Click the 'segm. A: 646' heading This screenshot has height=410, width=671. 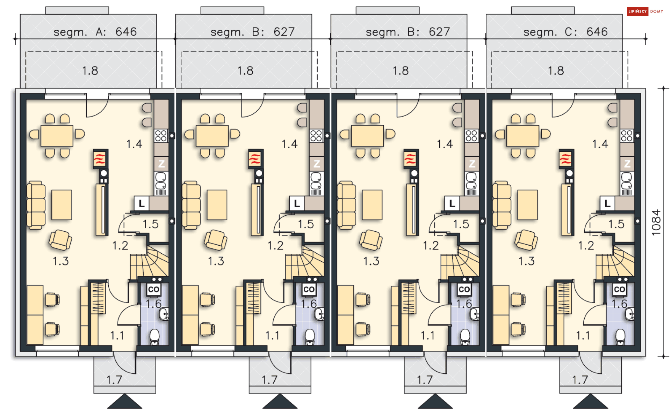tap(95, 32)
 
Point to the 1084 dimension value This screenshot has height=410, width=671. tap(656, 223)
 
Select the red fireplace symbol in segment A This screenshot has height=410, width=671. tap(100, 159)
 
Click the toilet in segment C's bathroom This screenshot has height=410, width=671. tap(620, 337)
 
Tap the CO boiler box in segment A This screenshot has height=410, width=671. tap(154, 289)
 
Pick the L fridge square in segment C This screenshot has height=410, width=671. tap(607, 203)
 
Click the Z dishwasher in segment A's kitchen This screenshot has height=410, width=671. tap(161, 164)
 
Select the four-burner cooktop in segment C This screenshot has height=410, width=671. tap(627, 135)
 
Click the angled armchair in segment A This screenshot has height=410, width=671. tap(60, 240)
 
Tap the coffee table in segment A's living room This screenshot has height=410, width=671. tap(62, 205)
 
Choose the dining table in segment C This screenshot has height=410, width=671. tap(522, 136)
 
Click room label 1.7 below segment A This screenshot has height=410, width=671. tap(114, 380)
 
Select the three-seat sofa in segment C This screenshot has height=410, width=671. tap(502, 205)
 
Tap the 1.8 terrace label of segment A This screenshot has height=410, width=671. tap(90, 71)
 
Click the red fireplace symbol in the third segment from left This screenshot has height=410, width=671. tap(411, 159)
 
